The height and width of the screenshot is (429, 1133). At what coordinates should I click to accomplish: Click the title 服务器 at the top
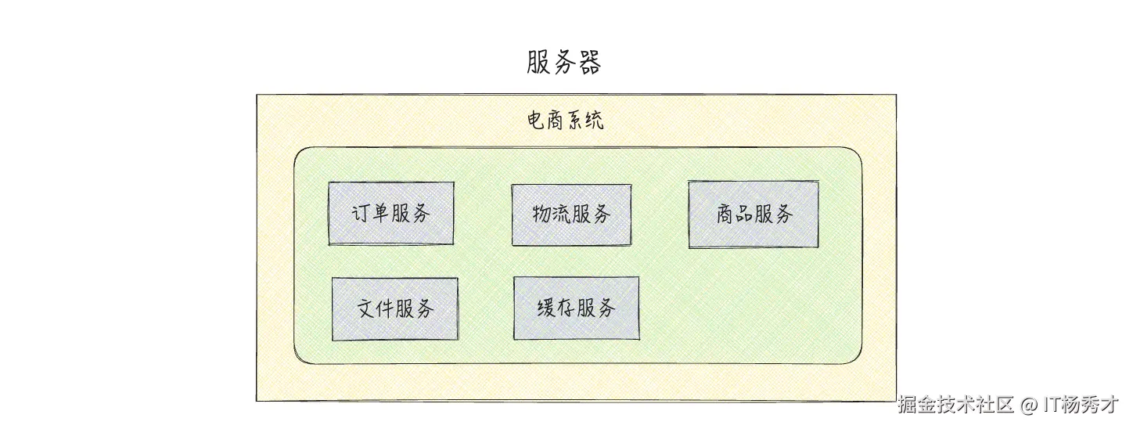point(563,63)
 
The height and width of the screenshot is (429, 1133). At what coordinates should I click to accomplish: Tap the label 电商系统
point(565,121)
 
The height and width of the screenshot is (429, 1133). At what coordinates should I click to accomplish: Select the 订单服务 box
point(391,213)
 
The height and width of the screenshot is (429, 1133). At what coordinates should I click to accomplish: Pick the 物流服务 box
point(571,214)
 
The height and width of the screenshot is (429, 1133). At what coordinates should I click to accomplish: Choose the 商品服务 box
point(754,214)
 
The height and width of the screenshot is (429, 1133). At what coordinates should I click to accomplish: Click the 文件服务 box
point(395,308)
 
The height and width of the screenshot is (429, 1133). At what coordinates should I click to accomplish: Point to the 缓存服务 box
point(576,308)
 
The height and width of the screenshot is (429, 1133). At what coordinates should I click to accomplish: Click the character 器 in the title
point(588,63)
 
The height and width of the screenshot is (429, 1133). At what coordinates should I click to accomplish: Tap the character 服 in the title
point(539,63)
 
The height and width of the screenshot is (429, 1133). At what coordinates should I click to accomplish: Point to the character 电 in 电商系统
point(537,121)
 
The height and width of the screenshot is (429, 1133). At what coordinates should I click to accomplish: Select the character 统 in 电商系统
point(594,121)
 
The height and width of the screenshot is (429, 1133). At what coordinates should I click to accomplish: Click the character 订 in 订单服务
point(361,213)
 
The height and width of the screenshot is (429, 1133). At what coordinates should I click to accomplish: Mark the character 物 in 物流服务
point(541,214)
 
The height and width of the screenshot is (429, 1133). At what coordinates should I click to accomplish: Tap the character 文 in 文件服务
point(366,308)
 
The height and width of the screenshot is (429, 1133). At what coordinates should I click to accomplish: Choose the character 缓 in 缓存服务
point(547,308)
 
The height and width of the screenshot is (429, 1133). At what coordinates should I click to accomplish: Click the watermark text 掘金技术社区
point(955,405)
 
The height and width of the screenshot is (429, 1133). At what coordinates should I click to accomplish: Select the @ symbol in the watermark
point(1028,406)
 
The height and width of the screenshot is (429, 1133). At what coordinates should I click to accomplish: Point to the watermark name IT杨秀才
point(1081,405)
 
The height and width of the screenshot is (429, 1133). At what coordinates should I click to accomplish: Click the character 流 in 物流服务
point(562,214)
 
